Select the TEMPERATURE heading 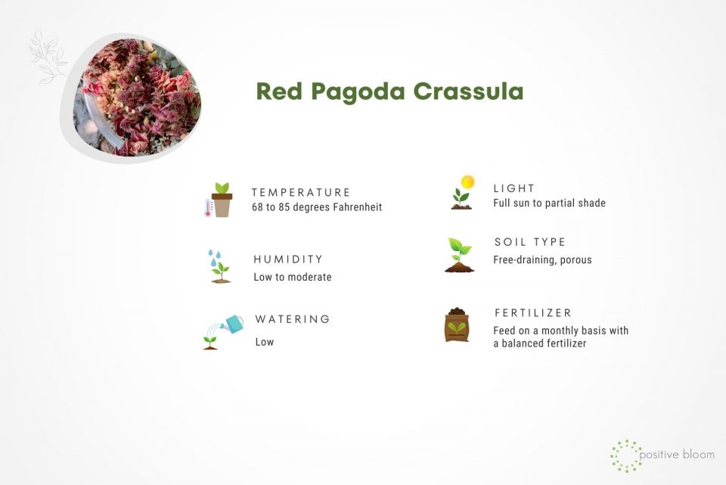coord(301,192)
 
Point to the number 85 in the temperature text coord(286,207)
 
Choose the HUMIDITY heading coord(288,260)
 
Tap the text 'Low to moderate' coord(293,277)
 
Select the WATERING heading coord(293,319)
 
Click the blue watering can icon coord(234,324)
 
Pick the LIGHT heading coord(514,188)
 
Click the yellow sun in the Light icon coord(467,182)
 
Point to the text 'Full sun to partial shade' coord(549,203)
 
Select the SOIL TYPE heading coord(530,242)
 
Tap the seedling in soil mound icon coord(459,255)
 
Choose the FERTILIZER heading coord(533,312)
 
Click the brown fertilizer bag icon coord(457,325)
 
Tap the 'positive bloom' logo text coord(677,455)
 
